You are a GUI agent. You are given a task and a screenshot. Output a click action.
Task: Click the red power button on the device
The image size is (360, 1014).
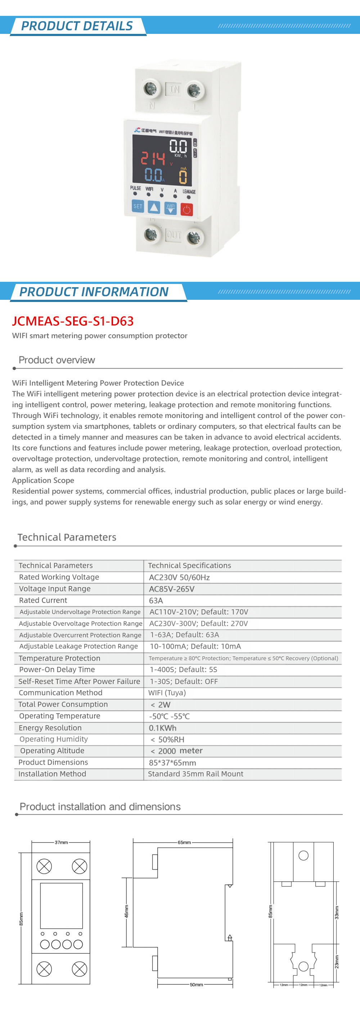click(x=186, y=209)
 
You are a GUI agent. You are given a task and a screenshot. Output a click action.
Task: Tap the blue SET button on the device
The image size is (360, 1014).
click(x=138, y=206)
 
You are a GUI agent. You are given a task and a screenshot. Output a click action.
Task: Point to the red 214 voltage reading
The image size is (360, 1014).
click(x=153, y=158)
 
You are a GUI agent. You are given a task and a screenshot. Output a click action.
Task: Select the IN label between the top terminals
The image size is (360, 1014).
click(x=174, y=89)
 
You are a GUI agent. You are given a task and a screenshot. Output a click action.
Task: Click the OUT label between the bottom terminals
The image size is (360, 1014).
click(x=174, y=235)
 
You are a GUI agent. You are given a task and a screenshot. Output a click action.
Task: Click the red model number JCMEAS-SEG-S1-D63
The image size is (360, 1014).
click(x=73, y=321)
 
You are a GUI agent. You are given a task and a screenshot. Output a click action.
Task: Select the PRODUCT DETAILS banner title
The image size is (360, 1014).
click(x=77, y=26)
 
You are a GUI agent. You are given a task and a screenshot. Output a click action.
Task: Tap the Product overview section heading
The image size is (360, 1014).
click(x=57, y=360)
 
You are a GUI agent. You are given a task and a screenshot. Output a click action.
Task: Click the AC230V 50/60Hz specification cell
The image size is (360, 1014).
click(x=179, y=577)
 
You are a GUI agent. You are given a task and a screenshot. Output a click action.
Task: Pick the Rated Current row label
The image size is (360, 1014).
click(x=43, y=600)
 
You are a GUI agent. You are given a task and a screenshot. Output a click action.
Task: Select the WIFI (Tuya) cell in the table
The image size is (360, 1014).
click(x=167, y=693)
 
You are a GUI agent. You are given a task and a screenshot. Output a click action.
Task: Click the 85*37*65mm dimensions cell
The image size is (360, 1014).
click(x=172, y=762)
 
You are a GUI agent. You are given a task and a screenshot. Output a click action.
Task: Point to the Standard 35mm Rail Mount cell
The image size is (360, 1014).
click(x=195, y=774)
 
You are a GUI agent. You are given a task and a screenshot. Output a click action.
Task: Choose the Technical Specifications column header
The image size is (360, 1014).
click(x=189, y=565)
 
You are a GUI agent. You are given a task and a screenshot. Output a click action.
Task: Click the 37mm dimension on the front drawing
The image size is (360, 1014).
click(x=61, y=842)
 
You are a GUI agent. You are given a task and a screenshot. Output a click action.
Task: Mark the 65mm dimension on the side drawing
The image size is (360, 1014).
click(x=184, y=842)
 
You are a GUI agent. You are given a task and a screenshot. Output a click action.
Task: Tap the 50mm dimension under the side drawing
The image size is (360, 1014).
click(x=196, y=984)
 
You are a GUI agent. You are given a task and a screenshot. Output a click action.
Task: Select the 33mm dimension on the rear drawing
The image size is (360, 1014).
click(x=337, y=912)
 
